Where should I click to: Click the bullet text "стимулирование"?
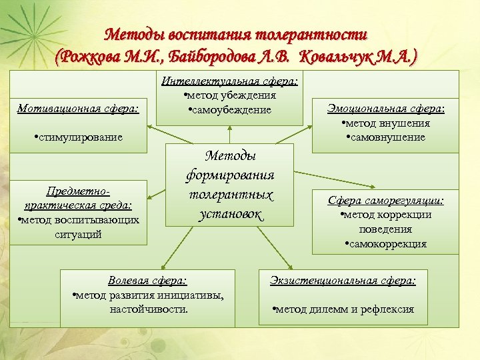(x=81, y=137)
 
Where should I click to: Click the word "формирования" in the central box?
(x=231, y=175)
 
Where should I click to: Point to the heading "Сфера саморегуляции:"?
(x=385, y=200)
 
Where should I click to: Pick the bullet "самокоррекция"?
(x=386, y=244)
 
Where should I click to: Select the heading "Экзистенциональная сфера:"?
(x=343, y=281)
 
